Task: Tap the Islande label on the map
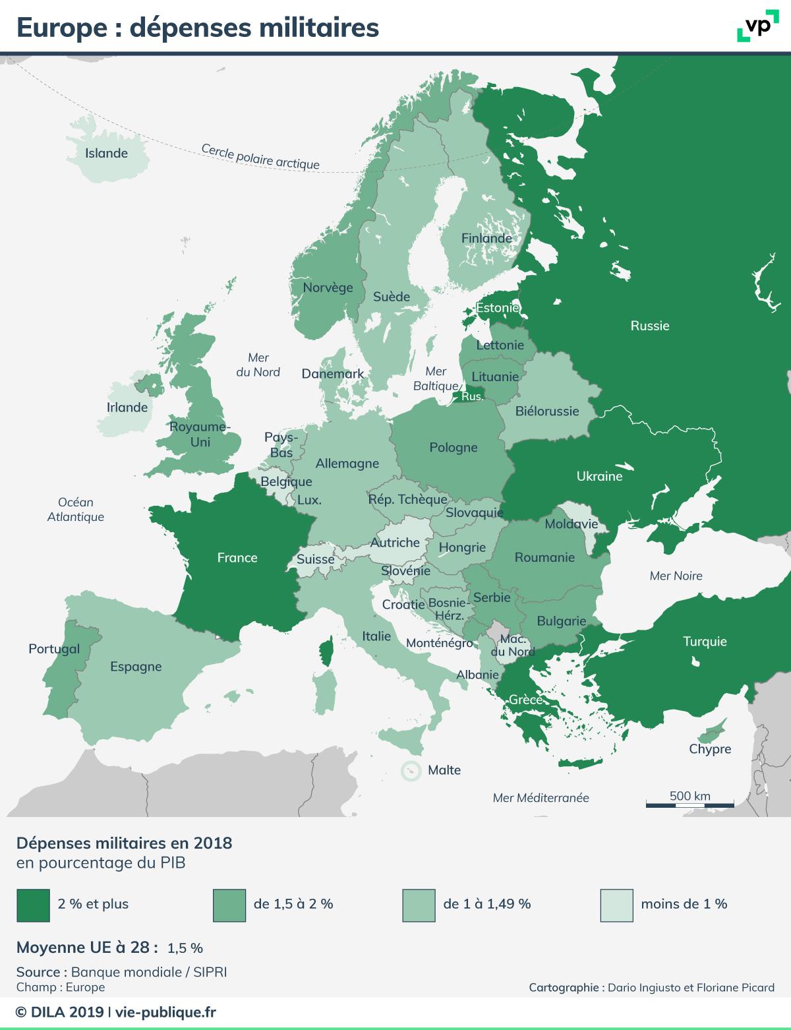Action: pos(106,153)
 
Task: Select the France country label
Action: pos(237,558)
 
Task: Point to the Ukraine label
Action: pos(599,476)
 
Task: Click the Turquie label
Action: pos(705,641)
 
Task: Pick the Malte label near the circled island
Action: pos(444,770)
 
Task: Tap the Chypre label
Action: pos(710,749)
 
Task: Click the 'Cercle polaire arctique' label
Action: pos(260,157)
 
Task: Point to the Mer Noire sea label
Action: pos(676,576)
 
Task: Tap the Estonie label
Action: pos(498,308)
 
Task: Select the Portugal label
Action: pos(54,649)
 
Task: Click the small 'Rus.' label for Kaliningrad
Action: pos(472,396)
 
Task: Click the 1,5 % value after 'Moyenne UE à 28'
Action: pos(185,948)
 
